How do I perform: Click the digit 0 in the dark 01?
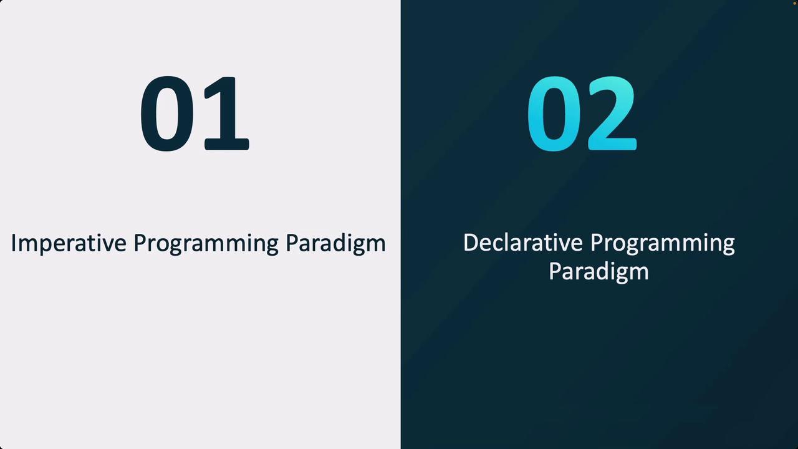[x=167, y=113]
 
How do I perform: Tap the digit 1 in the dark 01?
[x=226, y=113]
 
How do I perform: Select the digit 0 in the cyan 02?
[x=554, y=113]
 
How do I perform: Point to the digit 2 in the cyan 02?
[x=612, y=113]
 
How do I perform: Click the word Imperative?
[x=69, y=244]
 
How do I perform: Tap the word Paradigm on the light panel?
[x=335, y=244]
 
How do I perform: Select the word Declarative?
[x=522, y=243]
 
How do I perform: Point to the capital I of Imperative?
[x=13, y=243]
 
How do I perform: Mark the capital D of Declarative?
[x=471, y=243]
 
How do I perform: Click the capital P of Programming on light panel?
[x=140, y=243]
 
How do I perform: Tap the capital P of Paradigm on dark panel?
[x=555, y=271]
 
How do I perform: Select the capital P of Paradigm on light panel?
[x=292, y=243]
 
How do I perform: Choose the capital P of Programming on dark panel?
[x=597, y=243]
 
